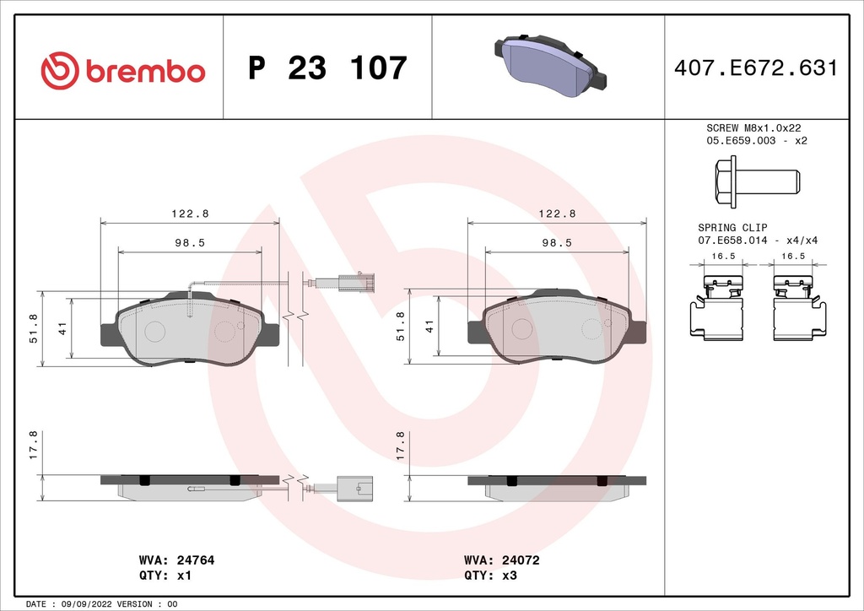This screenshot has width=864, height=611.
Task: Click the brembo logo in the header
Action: tap(123, 70)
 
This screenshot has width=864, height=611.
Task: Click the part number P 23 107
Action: tap(328, 68)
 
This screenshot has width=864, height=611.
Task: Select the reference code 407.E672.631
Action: tap(756, 68)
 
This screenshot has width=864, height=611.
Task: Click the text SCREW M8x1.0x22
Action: tap(753, 127)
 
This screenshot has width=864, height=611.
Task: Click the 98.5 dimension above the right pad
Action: tap(557, 242)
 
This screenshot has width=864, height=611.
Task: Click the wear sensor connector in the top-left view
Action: tap(355, 282)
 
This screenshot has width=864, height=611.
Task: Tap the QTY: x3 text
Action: tap(489, 576)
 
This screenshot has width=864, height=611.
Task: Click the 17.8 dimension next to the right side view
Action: tap(401, 446)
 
